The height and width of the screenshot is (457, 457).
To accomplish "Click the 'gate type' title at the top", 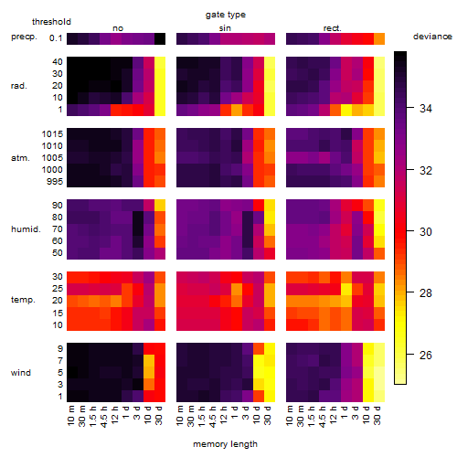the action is click(226, 15).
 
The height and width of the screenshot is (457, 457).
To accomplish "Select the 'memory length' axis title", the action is click(225, 444).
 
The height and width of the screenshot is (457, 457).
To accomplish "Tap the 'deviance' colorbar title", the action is click(432, 37).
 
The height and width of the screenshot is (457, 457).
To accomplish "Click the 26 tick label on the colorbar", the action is click(425, 355).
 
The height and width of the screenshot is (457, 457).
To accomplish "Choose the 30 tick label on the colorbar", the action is click(425, 232).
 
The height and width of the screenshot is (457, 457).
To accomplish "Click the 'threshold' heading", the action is click(51, 22).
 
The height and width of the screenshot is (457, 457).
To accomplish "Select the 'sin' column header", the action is click(225, 28).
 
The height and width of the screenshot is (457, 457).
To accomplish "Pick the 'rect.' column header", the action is click(332, 28).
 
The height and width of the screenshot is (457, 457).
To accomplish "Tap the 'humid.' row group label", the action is click(26, 229).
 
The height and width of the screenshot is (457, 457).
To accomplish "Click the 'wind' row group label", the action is click(21, 373).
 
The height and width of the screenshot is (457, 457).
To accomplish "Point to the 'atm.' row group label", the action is click(20, 158).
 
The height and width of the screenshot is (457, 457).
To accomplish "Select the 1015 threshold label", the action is click(52, 134).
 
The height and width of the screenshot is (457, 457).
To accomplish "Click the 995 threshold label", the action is click(55, 182).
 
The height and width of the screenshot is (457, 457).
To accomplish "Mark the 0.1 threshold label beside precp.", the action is click(56, 38).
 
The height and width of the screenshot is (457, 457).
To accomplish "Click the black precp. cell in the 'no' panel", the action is click(160, 38).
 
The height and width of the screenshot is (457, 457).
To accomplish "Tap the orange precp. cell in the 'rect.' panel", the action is click(379, 38).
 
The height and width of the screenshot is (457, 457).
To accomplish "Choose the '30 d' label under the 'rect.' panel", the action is click(377, 415).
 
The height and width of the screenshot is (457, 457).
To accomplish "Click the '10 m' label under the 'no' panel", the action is click(70, 415).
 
